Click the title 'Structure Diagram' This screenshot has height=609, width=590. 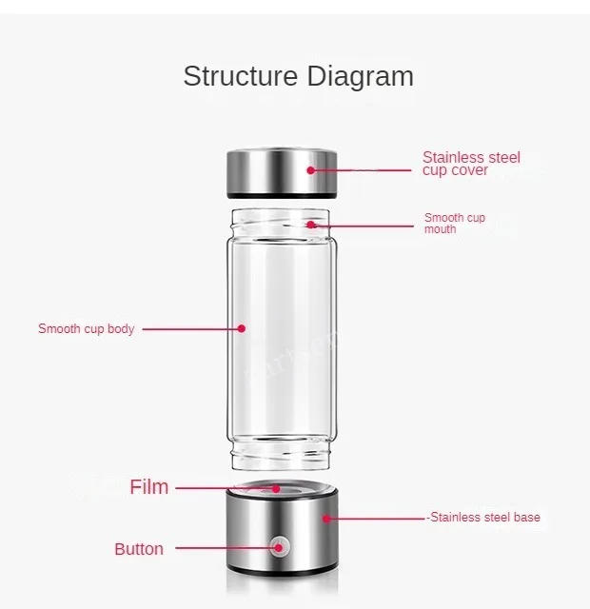(x=298, y=77)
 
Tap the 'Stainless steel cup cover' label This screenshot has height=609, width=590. (x=471, y=164)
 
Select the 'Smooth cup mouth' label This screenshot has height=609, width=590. (x=454, y=224)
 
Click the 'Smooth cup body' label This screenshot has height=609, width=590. (x=86, y=329)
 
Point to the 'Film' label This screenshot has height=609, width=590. (x=149, y=487)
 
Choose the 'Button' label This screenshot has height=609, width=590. (x=139, y=549)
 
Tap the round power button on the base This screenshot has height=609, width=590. (x=279, y=547)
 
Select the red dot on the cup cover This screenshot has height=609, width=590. (x=311, y=169)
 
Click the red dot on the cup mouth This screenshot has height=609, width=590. (x=312, y=225)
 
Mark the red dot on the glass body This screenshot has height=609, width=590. (x=242, y=328)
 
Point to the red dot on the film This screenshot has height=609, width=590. (x=277, y=487)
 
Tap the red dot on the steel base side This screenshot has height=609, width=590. (x=326, y=518)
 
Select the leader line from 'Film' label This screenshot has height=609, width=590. (x=224, y=487)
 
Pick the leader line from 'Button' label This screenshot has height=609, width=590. (x=224, y=549)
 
